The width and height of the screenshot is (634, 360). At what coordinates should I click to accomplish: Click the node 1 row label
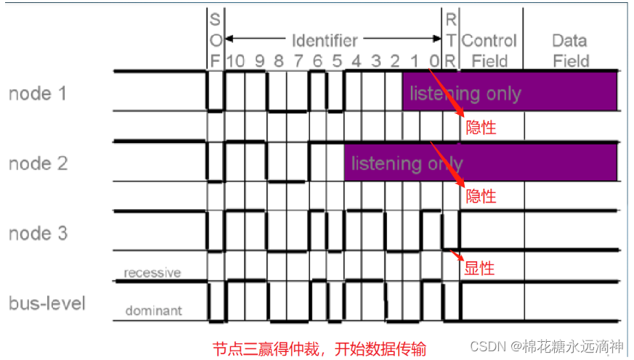tap(39, 94)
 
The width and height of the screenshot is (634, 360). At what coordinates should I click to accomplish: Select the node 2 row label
tap(39, 163)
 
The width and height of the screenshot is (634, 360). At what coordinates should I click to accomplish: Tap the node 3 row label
tap(39, 233)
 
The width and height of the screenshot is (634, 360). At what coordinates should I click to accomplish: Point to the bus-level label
tap(46, 302)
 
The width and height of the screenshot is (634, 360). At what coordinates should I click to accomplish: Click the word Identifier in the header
tap(324, 40)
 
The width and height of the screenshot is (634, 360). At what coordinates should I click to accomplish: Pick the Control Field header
tap(489, 50)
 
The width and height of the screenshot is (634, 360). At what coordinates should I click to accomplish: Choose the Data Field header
tap(570, 50)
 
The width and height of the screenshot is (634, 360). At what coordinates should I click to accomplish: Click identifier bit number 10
tap(235, 61)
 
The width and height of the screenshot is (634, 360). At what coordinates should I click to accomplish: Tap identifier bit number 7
tap(298, 61)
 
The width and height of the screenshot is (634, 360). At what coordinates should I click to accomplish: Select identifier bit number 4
tap(355, 61)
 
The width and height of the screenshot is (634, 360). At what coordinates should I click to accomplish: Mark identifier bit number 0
tap(434, 61)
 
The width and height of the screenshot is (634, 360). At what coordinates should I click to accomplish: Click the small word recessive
tap(152, 273)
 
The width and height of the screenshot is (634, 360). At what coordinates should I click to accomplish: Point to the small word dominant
tap(153, 311)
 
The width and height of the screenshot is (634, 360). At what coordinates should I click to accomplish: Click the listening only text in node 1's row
tap(465, 94)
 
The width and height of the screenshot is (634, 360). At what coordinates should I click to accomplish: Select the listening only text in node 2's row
tap(407, 163)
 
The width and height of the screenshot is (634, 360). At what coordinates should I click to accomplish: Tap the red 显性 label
tap(479, 269)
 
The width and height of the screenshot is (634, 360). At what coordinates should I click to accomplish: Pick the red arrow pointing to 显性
tap(455, 255)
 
